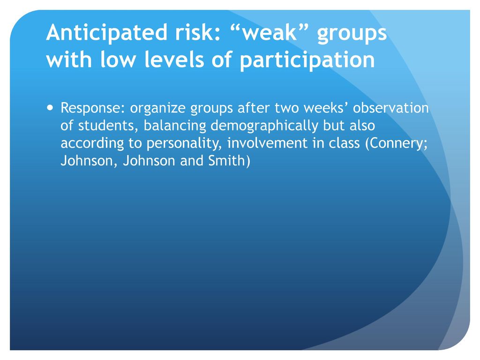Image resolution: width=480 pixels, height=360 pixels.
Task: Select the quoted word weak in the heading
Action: pyautogui.click(x=270, y=33)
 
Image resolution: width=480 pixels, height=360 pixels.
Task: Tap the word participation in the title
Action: pyautogui.click(x=307, y=60)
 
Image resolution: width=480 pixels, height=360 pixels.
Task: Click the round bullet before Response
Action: pyautogui.click(x=50, y=108)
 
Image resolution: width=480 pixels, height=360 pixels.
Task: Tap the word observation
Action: pyautogui.click(x=391, y=108)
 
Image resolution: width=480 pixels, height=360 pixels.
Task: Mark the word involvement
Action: pyautogui.click(x=267, y=143)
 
